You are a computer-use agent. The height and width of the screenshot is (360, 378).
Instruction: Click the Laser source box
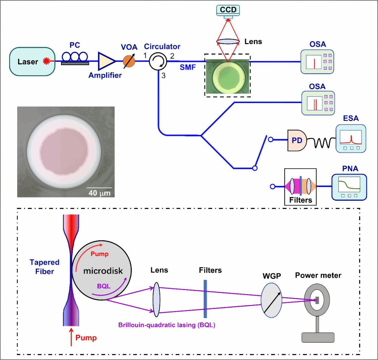coord(32,62)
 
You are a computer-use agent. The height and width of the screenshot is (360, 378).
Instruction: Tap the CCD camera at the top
coord(228,10)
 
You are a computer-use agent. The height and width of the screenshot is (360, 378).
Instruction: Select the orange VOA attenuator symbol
coord(129,61)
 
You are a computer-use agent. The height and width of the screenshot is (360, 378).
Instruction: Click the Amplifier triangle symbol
coord(106,61)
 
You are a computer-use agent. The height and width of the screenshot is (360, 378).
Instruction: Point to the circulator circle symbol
coord(158,61)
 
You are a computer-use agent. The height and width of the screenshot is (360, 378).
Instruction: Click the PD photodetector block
coord(297,140)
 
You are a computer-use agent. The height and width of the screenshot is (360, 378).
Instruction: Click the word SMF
coord(188,68)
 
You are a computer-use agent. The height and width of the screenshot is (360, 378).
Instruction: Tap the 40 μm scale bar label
coord(100,193)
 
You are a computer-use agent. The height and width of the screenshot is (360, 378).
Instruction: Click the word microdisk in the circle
coord(103,271)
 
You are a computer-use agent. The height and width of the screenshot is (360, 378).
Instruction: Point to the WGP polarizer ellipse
coord(271,300)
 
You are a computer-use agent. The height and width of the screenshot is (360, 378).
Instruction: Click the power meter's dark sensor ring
coord(317,300)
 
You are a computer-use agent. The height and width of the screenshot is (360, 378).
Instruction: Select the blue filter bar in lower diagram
coord(205,299)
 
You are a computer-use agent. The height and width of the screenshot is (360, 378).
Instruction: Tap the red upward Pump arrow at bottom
coord(71,337)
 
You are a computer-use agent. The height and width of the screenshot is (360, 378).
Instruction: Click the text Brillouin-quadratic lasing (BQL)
coord(167,325)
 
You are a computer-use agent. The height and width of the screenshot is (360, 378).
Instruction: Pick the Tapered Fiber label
coord(45,267)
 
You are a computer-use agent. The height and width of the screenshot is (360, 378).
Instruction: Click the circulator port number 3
coord(163,76)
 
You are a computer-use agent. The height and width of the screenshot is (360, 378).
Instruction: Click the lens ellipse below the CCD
coord(228,41)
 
